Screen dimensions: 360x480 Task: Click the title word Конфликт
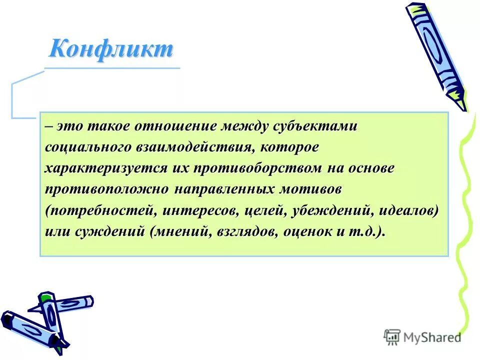click(111, 49)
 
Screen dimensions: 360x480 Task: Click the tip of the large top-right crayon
click(462, 106)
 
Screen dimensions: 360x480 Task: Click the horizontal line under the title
click(112, 68)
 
